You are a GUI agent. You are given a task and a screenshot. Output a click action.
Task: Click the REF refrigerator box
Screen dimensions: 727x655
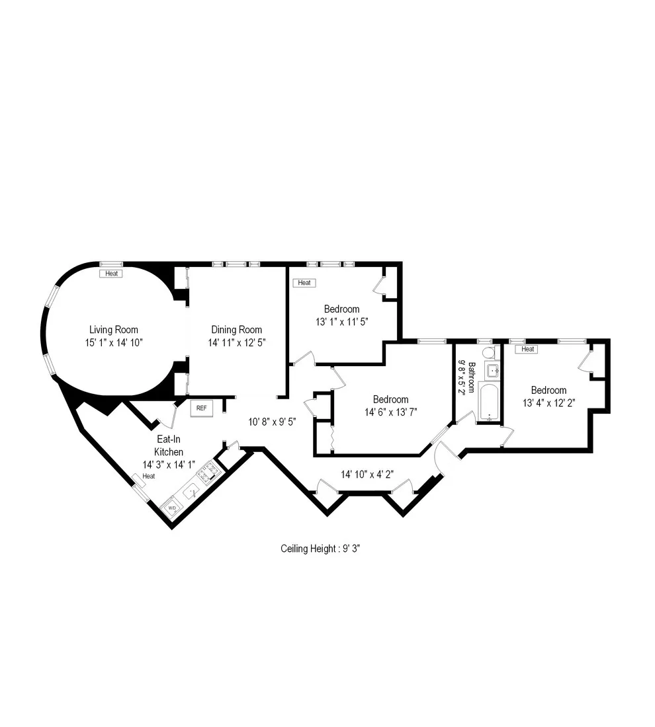[x=201, y=408]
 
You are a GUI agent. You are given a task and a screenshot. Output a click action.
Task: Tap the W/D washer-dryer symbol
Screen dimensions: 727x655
[x=172, y=508]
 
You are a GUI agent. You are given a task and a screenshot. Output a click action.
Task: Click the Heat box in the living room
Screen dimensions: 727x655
[x=111, y=273]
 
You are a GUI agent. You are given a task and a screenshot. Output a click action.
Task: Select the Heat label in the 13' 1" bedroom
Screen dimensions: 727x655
[x=304, y=283]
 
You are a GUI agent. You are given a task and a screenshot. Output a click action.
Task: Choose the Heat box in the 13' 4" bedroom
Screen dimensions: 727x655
[x=528, y=349]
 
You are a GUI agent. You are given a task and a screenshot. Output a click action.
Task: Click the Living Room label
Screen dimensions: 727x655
[x=114, y=330]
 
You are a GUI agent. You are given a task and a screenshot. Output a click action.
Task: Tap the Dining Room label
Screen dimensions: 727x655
[x=236, y=330]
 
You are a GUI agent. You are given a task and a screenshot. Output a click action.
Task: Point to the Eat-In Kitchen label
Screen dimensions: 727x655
[x=169, y=445]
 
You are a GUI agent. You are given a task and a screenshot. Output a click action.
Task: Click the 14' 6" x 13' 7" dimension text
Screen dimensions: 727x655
[x=390, y=412]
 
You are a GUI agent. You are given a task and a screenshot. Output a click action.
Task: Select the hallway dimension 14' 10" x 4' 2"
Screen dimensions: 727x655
[x=368, y=474]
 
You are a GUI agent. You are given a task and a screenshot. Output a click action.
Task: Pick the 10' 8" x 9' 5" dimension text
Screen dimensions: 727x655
[x=272, y=421]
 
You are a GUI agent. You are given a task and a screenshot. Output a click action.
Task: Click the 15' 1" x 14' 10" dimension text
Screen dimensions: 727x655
[x=114, y=342]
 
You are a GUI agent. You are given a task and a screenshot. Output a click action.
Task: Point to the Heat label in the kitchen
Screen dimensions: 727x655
[x=148, y=476]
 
